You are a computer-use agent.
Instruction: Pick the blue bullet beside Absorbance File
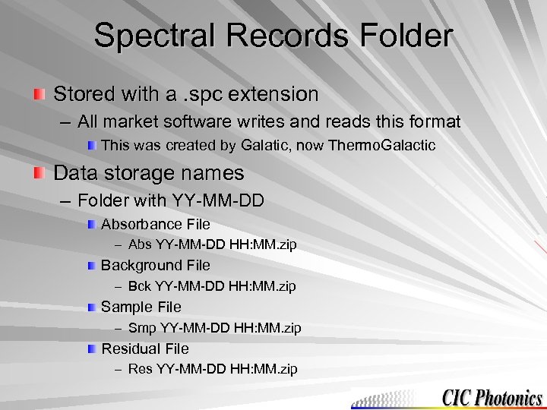pos(91,225)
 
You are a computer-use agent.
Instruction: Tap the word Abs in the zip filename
pos(140,244)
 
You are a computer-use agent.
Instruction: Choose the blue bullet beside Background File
pos(91,266)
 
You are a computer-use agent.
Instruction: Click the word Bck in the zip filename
pos(140,286)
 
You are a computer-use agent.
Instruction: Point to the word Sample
pos(123,307)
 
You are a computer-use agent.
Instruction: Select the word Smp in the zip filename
pos(141,328)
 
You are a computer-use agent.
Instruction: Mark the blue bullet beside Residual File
pos(91,348)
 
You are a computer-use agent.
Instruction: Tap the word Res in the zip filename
pos(140,369)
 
